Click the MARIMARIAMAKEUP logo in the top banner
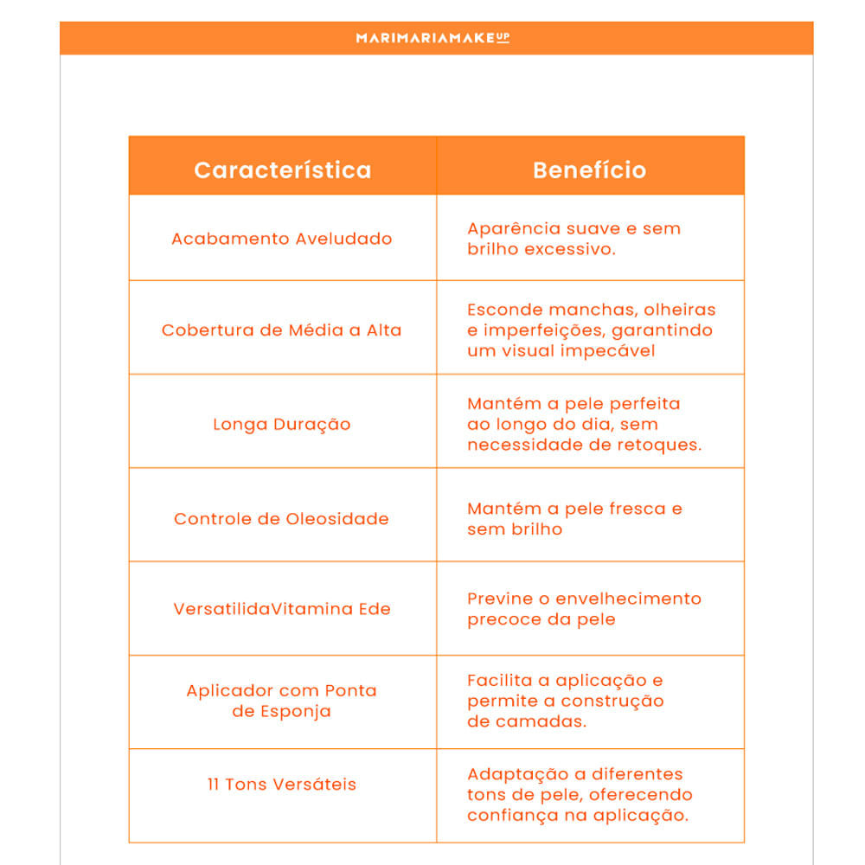coord(432,38)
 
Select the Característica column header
coord(283,170)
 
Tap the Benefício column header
coord(589,170)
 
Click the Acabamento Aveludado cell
coord(282,239)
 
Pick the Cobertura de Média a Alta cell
coord(282,330)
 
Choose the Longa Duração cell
coord(282,425)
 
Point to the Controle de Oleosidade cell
coord(282,519)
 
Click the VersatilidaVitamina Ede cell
coord(282,609)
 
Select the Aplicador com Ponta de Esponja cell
coord(282,702)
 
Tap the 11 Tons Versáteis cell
coord(282,785)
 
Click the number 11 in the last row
coord(214,785)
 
